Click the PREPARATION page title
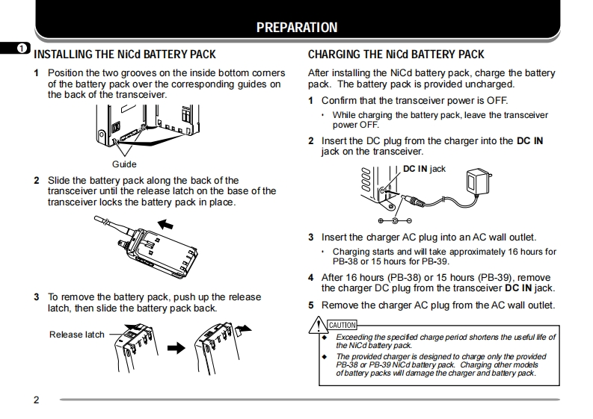296,28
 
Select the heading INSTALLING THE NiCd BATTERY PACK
125,55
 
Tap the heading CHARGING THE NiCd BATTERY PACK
396,55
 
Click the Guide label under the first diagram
124,164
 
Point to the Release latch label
77,335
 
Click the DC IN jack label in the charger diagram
424,169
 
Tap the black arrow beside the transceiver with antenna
170,223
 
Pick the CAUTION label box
342,325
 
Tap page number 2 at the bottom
36,399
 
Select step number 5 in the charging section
311,305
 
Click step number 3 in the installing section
36,297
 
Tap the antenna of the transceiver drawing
105,222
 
